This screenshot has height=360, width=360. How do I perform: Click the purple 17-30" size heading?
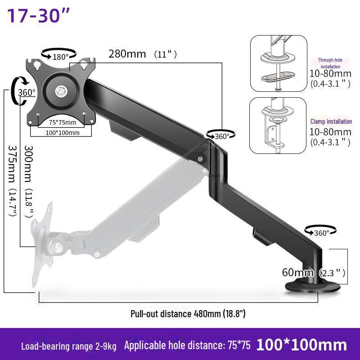[38, 15]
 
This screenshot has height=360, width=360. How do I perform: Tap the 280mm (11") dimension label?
[143, 54]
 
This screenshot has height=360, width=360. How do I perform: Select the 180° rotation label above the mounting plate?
[61, 57]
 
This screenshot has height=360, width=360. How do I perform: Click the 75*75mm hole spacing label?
[63, 122]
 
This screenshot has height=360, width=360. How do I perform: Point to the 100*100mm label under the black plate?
[63, 133]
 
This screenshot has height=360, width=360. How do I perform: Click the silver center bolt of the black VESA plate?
[61, 91]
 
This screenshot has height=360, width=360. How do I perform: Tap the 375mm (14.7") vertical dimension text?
[13, 181]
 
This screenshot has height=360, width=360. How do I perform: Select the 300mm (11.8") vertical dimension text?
[29, 181]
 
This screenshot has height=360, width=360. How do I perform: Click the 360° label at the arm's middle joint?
[222, 136]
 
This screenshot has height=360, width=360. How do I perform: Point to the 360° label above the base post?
[322, 233]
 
